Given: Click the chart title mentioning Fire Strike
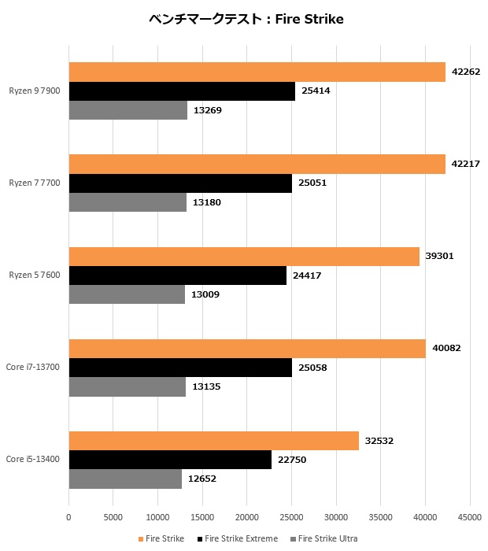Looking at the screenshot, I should point(246,19).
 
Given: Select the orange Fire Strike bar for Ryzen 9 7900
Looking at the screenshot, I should point(257,72).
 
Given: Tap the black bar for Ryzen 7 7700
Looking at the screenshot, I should point(180,183).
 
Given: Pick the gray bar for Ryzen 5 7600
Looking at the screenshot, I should point(127,294).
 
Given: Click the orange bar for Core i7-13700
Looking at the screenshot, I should point(247,348).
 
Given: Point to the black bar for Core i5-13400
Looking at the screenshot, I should point(170,460).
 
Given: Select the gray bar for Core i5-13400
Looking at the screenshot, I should point(125,479).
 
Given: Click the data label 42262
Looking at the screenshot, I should point(466,72).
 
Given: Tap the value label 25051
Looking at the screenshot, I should point(312,183).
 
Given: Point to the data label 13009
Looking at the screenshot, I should point(206,294).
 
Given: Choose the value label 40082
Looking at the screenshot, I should point(446,348).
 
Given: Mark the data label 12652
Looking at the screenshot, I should point(203,479).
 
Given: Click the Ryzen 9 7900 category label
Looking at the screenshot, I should point(35,91).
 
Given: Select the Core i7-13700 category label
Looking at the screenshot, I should point(33,367).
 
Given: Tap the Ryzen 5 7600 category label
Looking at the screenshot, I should point(35,275).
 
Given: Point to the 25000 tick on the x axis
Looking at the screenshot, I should point(291,517).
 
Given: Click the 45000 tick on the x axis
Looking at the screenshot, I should point(470,517).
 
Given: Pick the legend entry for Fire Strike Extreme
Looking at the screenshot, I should point(241,538).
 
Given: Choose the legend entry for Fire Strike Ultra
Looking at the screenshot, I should point(327,538).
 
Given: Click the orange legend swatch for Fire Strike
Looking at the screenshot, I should point(141,538).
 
